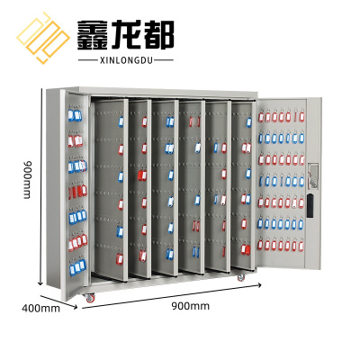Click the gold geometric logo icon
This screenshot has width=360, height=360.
point(43,38)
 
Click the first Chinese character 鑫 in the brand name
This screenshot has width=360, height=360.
point(92,35)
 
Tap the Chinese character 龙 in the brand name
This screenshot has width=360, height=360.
point(126,35)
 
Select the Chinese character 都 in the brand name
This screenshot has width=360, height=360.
point(159,35)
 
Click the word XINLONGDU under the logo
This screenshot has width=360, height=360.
point(126,60)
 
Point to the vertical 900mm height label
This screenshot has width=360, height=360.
point(27,180)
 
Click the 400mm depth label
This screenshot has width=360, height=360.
point(40,308)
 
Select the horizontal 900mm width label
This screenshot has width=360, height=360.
point(191,306)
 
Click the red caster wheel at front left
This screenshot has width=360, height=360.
point(90,298)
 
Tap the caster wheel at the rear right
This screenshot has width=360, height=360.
point(241,277)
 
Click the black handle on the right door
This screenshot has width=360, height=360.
point(310,205)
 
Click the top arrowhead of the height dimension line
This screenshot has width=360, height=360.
point(40,90)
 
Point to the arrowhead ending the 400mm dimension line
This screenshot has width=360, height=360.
point(75,307)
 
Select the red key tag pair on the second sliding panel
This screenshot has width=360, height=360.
point(142,175)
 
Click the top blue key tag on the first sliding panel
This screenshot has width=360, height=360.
point(121,121)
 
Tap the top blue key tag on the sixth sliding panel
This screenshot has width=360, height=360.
point(248,122)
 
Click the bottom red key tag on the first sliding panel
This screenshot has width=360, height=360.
point(120,259)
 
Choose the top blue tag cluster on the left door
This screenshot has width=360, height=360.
point(75,115)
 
